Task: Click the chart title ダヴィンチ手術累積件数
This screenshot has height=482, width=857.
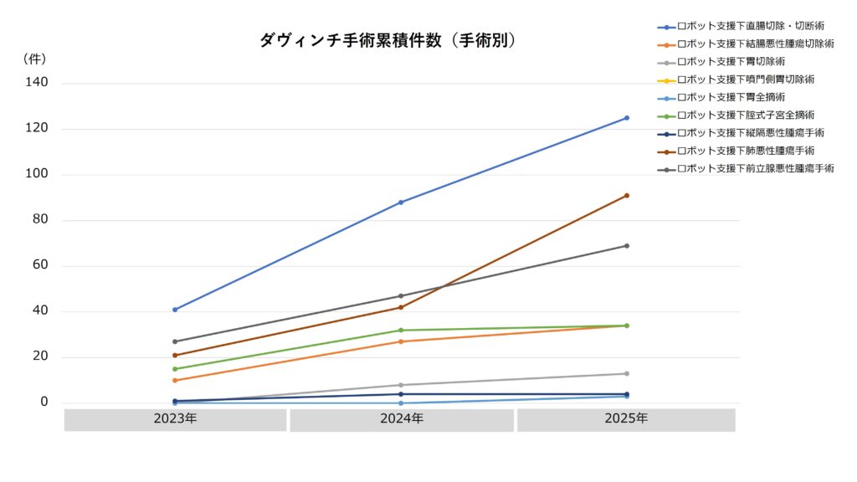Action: coord(351,40)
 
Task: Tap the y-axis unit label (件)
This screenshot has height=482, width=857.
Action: coord(34,59)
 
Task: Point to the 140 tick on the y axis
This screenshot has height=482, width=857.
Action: coord(37,82)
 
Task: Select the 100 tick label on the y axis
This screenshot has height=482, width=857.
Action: coord(37,173)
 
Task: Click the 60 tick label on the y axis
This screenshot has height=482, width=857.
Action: coord(40,264)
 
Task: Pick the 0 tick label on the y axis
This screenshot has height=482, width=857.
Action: coord(44,402)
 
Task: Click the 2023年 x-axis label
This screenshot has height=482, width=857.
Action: coord(175,418)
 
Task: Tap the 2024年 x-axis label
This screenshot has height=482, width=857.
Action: coord(402,418)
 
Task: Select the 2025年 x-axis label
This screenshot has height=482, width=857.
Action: coord(626,418)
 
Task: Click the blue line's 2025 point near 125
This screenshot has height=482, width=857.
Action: coord(627,118)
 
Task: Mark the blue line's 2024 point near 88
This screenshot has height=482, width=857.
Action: coord(401,203)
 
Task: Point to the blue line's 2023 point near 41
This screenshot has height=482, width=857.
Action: coord(175,310)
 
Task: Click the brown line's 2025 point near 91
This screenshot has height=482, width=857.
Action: coord(627,196)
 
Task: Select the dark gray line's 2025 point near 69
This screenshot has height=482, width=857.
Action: coord(627,246)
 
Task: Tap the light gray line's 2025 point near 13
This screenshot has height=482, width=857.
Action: coord(627,374)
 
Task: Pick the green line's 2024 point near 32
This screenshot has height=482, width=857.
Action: coord(401,330)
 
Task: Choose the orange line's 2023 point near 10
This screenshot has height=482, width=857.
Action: coord(175,381)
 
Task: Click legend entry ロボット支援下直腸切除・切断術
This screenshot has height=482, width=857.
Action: coord(741,26)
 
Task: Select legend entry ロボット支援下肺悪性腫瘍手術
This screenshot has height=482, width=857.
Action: coord(736,151)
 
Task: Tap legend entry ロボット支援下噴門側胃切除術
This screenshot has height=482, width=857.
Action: coord(736,79)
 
